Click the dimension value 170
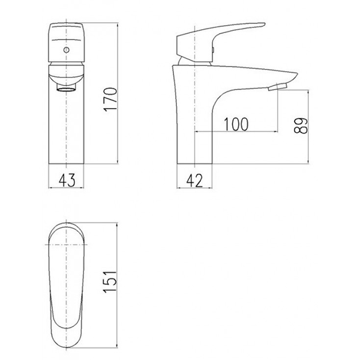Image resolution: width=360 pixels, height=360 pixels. point(110,99)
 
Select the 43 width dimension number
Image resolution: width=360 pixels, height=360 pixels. point(67,180)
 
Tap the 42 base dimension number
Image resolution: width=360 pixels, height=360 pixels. point(194,181)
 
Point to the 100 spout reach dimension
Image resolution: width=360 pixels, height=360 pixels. point(236,124)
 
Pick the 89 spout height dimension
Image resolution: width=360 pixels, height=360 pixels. point(301,125)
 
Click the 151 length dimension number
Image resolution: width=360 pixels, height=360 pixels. point(110,282)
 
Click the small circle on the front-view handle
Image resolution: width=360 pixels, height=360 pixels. point(67,50)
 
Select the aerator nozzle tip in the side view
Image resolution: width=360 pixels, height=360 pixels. point(278,87)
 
